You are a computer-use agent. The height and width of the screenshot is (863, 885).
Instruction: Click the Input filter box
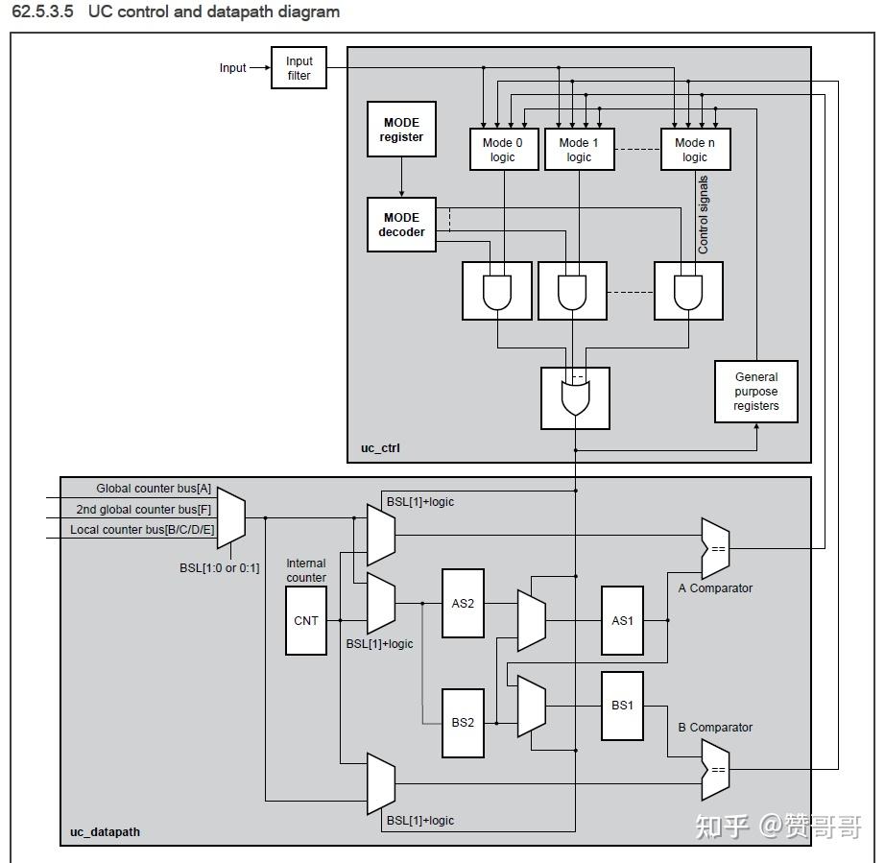point(299,68)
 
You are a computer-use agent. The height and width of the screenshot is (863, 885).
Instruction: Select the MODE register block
point(401,130)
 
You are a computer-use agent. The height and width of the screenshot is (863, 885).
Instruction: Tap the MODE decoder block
point(401,225)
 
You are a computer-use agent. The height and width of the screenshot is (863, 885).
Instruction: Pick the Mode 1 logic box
point(579,150)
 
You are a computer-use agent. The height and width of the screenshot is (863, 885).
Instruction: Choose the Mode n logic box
point(695,150)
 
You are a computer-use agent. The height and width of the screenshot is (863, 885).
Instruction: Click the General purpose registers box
point(756,392)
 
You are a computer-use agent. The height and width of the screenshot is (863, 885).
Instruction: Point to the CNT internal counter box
point(306,621)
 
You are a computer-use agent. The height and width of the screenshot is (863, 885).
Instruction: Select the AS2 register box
point(463,604)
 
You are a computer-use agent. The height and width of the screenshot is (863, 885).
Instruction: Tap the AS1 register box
point(622,621)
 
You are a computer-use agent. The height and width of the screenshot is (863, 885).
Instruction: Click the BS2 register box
point(463,723)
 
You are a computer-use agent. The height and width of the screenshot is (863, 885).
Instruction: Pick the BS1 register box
point(622,706)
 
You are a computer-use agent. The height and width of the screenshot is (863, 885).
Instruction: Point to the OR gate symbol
point(575,398)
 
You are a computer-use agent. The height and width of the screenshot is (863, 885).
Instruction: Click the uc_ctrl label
point(380,448)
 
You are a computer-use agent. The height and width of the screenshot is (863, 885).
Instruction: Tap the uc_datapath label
point(105,832)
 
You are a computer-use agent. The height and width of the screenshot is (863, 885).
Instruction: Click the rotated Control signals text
point(703,214)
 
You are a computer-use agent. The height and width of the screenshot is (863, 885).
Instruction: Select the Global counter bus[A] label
point(154,489)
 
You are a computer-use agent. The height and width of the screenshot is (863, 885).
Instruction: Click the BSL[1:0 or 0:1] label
point(220,567)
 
